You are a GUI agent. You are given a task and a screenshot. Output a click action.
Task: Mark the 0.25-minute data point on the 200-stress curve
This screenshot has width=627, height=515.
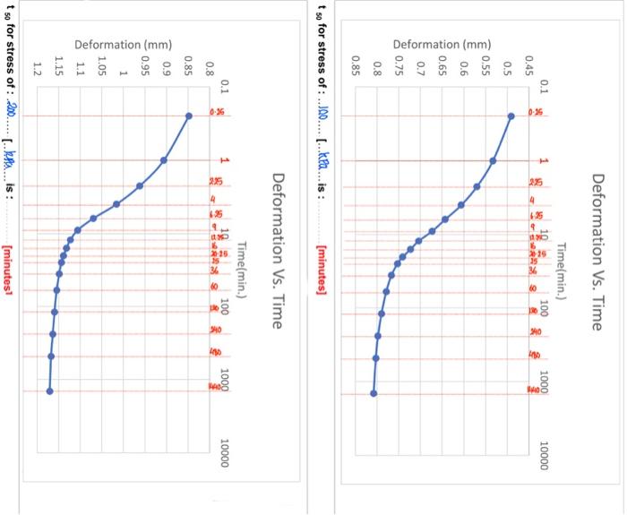(x=188, y=116)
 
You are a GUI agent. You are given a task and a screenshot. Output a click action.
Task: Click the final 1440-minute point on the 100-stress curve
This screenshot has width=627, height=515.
(x=374, y=392)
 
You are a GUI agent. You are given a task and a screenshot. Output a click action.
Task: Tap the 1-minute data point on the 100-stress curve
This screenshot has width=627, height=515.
(x=494, y=161)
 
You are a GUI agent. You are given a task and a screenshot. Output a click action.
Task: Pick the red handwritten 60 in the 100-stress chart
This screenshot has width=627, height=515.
(x=534, y=289)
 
